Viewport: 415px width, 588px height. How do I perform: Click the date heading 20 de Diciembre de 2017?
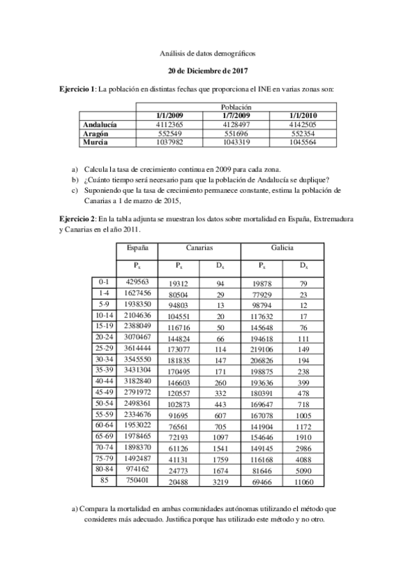tap(208, 71)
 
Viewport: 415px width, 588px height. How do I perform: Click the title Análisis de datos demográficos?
tap(208, 52)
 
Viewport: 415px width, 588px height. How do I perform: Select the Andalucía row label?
tap(100, 124)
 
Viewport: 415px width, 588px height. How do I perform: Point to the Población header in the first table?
tap(236, 107)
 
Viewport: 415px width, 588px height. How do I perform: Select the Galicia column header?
tap(282, 248)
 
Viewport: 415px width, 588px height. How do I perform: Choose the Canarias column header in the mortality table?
tap(199, 248)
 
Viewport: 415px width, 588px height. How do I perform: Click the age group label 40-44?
tap(105, 381)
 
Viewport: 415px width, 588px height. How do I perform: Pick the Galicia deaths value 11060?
tap(303, 481)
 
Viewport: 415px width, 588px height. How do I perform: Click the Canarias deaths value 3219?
tap(220, 481)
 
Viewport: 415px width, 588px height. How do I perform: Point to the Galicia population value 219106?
tap(261, 349)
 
